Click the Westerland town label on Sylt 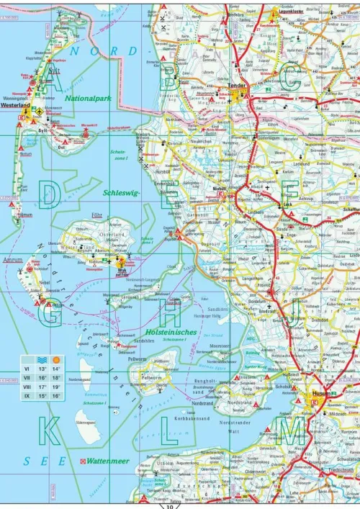point(17,104)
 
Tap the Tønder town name point(238,86)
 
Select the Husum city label point(321,394)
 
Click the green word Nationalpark point(88,97)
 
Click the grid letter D point(50,194)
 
